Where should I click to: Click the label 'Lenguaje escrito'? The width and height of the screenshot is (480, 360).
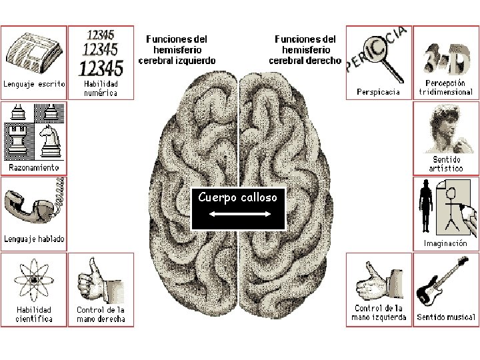(x=34, y=85)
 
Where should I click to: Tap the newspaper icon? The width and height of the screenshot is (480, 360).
(x=33, y=53)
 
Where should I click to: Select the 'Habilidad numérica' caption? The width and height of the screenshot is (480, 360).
(x=101, y=89)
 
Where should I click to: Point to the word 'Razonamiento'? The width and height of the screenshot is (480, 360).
(x=33, y=167)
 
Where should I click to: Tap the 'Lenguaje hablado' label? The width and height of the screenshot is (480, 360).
(x=34, y=239)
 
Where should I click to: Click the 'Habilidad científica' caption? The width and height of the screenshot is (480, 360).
(x=35, y=314)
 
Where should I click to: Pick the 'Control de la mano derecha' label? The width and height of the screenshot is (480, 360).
(x=101, y=314)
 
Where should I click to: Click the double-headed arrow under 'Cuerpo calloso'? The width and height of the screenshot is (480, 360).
(x=239, y=214)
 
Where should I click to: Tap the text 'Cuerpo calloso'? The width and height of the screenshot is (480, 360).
(x=238, y=197)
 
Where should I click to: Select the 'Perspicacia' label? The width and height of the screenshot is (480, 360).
(x=379, y=92)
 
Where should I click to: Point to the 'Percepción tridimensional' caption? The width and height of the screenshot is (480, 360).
(x=445, y=89)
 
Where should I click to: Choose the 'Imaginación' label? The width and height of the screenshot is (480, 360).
(x=445, y=243)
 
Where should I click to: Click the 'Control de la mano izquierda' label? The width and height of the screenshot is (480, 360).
(x=379, y=313)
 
